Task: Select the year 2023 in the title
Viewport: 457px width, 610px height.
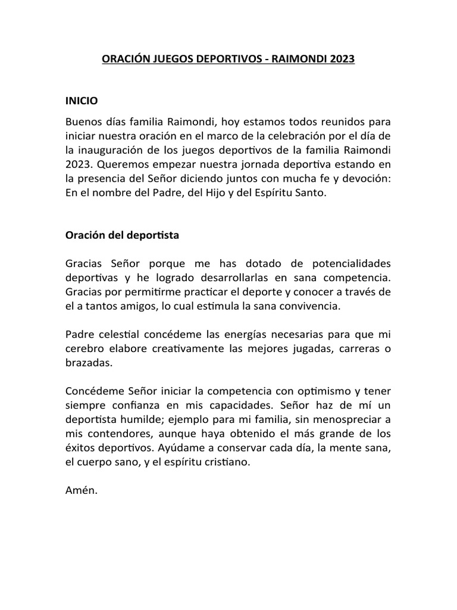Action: tap(342, 60)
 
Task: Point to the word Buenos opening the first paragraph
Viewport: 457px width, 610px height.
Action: tap(83, 122)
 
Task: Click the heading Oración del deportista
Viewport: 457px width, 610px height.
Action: tap(122, 235)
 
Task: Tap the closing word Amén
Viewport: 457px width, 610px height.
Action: tap(80, 492)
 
